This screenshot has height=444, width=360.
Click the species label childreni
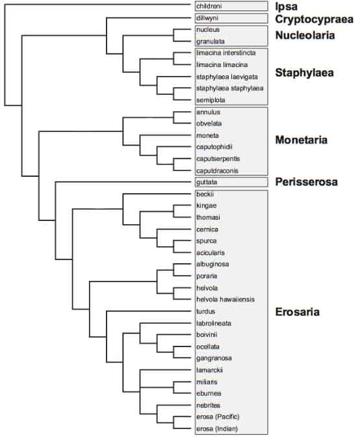[209, 6]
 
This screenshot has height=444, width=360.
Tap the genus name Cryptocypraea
[314, 20]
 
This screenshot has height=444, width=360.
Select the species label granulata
[211, 42]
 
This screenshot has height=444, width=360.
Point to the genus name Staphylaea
[304, 73]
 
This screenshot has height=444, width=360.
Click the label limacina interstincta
[226, 53]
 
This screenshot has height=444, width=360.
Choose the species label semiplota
[211, 100]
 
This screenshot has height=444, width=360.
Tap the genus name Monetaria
[301, 140]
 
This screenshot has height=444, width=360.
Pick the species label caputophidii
[214, 147]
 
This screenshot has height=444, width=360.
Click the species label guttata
[207, 182]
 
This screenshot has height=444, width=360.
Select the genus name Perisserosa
[307, 182]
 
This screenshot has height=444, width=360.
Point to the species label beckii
[205, 194]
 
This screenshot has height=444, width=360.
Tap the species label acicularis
[211, 253]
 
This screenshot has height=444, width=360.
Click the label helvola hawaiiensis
[225, 299]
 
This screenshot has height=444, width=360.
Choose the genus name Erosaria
[298, 312]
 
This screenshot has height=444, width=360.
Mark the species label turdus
[205, 311]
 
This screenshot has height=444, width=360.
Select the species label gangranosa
[214, 358]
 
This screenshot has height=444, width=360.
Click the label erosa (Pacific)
[218, 417]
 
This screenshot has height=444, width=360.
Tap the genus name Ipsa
[286, 7]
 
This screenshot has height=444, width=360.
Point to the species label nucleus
[208, 29]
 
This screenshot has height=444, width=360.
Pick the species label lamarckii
[209, 370]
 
